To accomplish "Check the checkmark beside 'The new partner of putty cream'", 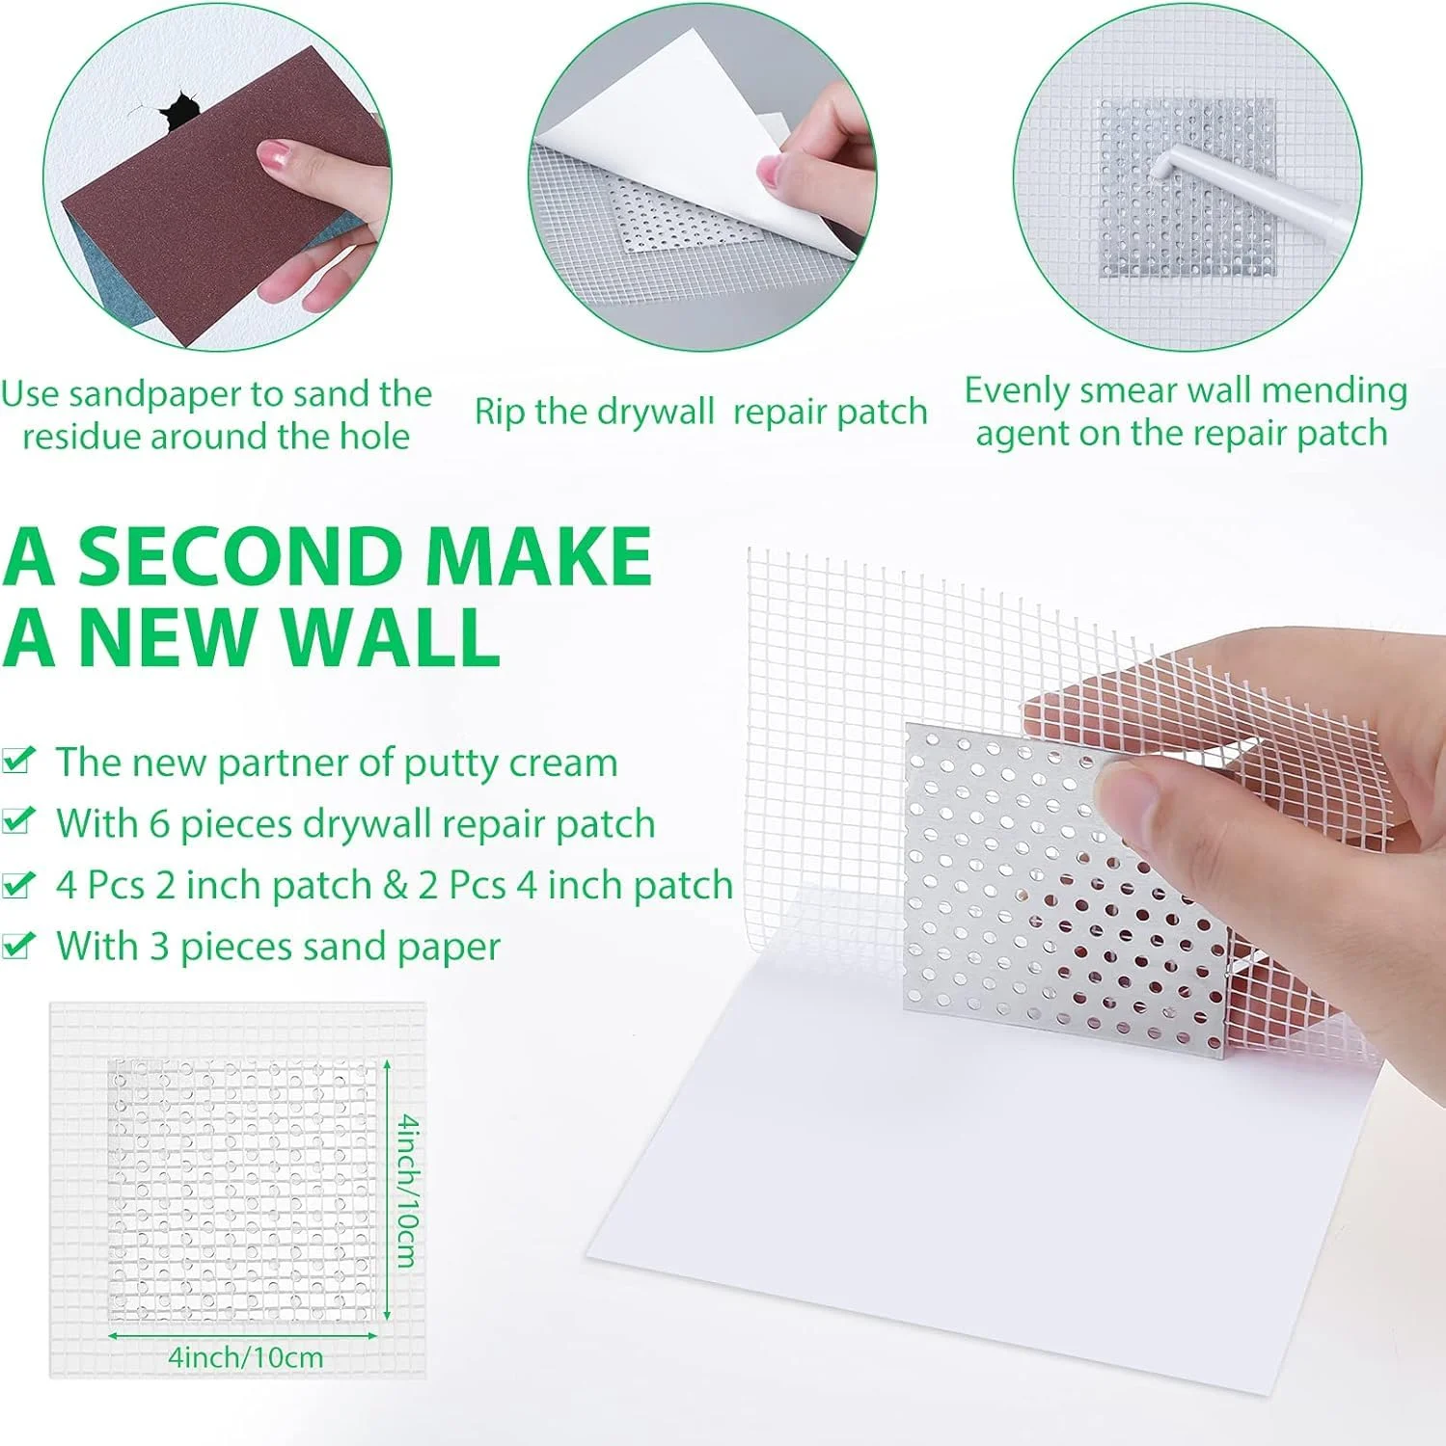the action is point(18,760).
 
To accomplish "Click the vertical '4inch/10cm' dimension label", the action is point(409,1190).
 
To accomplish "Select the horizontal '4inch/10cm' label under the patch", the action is point(246,1356).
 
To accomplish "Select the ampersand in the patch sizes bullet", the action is point(396,885).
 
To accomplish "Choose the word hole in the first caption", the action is point(374,437).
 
